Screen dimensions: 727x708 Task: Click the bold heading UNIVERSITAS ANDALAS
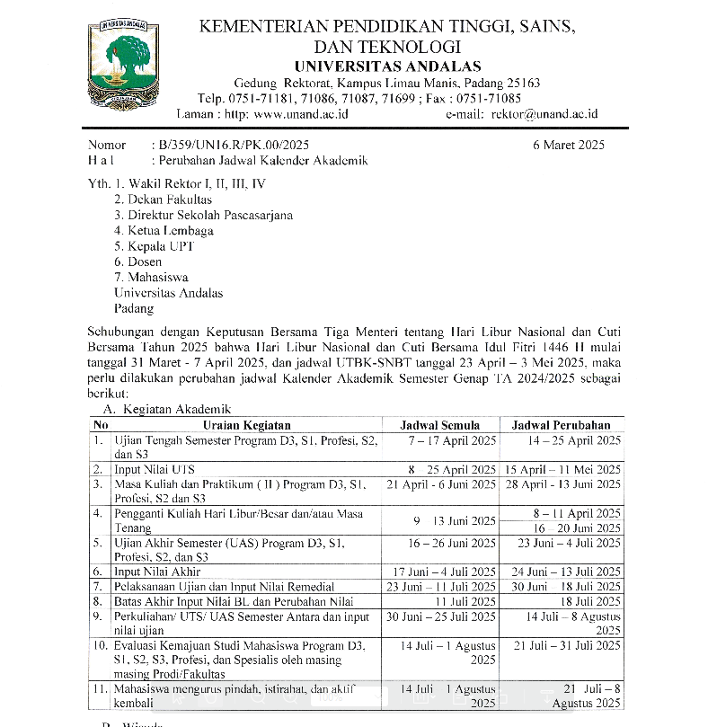387,66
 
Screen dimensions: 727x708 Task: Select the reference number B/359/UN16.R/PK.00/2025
232,145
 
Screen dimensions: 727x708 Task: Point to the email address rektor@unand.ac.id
544,114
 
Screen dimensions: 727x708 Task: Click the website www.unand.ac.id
301,114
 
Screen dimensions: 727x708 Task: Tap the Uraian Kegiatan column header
246,425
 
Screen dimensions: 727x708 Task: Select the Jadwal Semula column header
439,425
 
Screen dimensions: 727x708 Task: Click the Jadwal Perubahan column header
562,425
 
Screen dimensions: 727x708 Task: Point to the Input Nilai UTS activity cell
154,469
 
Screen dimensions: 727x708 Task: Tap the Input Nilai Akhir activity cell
157,572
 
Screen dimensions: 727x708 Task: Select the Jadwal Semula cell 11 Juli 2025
465,601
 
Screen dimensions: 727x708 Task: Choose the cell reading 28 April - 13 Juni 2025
562,484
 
